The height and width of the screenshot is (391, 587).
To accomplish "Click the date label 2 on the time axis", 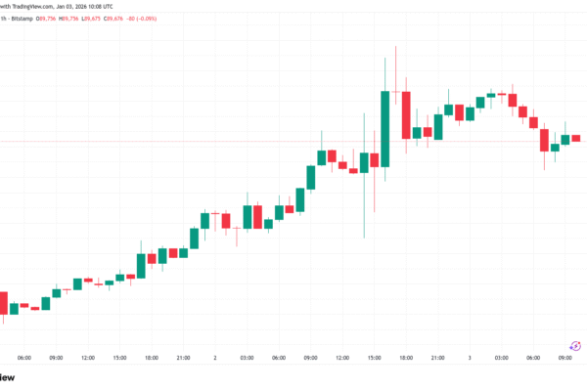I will [x=214, y=358].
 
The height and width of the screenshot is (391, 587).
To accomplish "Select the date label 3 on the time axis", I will [x=471, y=358].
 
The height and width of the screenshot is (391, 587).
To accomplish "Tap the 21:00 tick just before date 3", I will [x=438, y=358].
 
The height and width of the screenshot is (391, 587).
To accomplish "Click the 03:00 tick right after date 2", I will [x=247, y=358].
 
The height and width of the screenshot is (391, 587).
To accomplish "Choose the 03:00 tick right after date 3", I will [x=502, y=358].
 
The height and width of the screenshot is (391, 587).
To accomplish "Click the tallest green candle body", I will [x=384, y=128].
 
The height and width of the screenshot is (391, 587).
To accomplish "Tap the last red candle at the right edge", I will [x=576, y=138].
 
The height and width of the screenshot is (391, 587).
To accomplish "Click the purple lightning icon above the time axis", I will [x=576, y=344].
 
